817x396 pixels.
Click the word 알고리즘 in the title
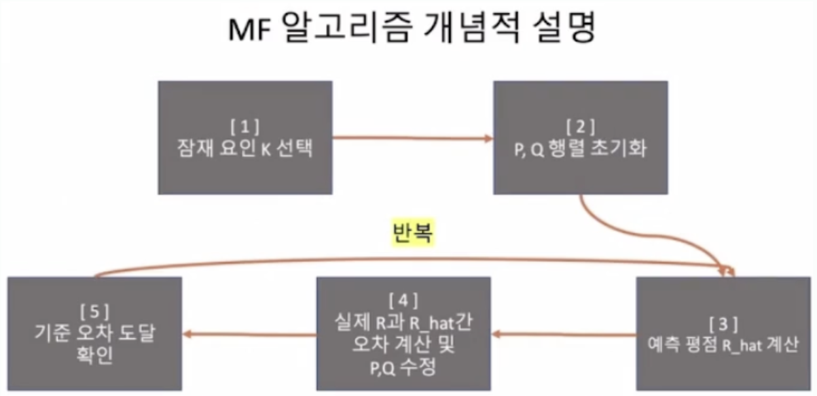(x=348, y=27)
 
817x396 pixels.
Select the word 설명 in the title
(x=564, y=27)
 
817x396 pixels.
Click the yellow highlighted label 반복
(x=413, y=232)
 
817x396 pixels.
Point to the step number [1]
(x=245, y=127)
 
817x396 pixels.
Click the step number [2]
(x=580, y=127)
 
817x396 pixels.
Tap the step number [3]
(x=723, y=324)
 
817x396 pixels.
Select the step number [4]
(x=403, y=301)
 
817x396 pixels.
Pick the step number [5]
(x=94, y=312)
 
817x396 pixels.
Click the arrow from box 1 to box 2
(x=412, y=138)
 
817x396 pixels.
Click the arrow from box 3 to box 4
(x=564, y=334)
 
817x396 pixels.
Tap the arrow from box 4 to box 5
(x=249, y=334)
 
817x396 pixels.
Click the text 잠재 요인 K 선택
(x=245, y=148)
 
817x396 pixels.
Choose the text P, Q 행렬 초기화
(x=580, y=148)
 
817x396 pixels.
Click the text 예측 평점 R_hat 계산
(x=723, y=344)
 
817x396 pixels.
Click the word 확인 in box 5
(x=94, y=355)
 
